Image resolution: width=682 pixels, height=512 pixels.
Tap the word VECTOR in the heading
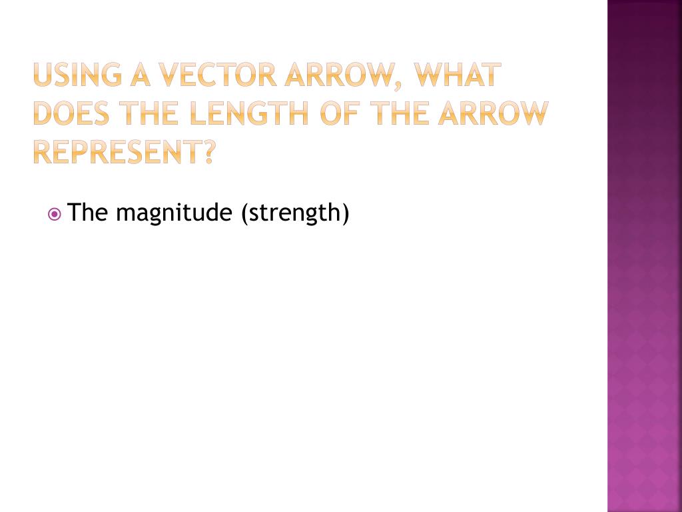tap(209, 75)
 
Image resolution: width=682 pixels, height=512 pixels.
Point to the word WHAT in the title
tap(457, 75)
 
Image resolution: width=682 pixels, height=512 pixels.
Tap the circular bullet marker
tap(55, 215)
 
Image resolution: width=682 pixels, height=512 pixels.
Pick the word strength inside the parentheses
tap(294, 214)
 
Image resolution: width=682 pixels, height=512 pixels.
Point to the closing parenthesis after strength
tap(345, 214)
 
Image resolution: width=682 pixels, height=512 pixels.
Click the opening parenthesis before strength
tap(245, 214)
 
